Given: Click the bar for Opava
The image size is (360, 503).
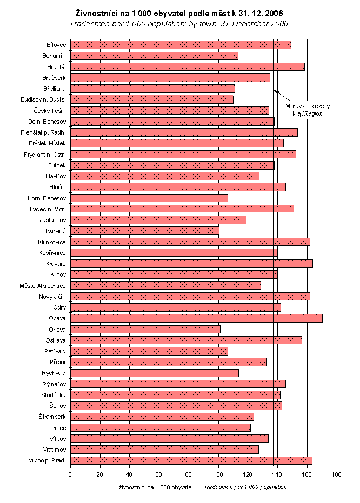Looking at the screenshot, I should tap(196, 318).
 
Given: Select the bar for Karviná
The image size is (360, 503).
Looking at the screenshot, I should tap(144, 231).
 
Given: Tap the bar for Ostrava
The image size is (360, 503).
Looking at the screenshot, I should tap(186, 340).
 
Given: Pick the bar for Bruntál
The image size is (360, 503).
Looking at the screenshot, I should tap(187, 66).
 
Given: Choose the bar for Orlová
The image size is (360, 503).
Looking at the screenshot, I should tap(145, 329).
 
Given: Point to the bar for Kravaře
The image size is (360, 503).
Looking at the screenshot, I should tap(191, 264).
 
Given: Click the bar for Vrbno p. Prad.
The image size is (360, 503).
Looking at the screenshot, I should tap(191, 460).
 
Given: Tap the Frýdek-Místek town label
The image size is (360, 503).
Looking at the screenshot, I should tap(48, 143).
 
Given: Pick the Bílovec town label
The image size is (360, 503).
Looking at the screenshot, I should tap(56, 45).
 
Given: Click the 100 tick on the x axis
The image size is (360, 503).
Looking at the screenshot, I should tap(218, 474).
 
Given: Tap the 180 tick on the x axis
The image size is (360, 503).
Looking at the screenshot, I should tap(336, 474).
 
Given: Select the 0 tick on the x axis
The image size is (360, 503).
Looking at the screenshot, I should tap(70, 474).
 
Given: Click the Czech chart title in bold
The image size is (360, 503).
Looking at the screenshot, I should tap(178, 12).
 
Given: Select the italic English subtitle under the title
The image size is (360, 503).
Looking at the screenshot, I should tap(178, 24).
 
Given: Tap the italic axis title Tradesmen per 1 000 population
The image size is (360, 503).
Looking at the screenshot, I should tap(245, 487).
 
